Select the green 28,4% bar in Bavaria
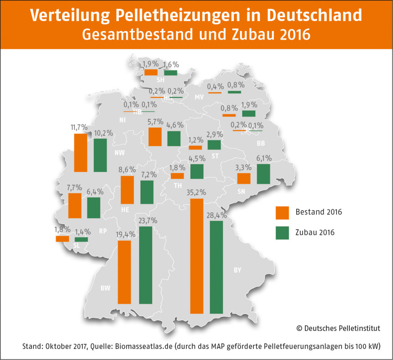(217, 267)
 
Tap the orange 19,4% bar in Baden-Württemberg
(124, 272)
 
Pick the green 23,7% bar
(146, 265)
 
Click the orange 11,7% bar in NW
(81, 153)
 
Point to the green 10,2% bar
(100, 155)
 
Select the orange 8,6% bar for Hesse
(127, 189)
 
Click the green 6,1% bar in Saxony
(263, 174)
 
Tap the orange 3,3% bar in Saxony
(244, 179)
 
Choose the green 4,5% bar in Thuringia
(197, 171)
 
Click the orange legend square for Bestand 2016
(282, 211)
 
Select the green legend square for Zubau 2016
(282, 232)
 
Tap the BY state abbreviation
(237, 270)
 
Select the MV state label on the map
(199, 97)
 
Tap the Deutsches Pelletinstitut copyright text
(338, 328)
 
